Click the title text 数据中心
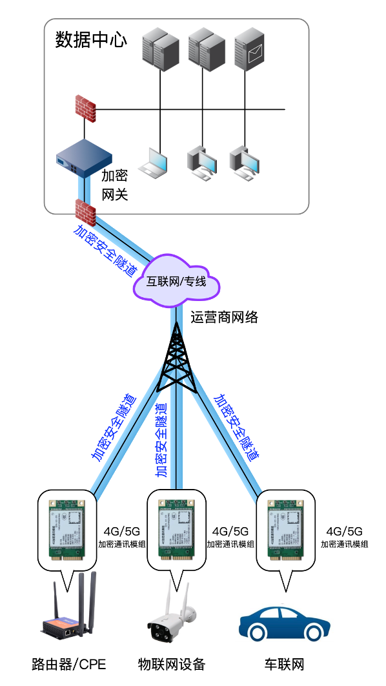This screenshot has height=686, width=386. pyautogui.click(x=90, y=40)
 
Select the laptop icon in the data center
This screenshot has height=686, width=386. pyautogui.click(x=156, y=162)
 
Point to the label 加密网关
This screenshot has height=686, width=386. pyautogui.click(x=115, y=185)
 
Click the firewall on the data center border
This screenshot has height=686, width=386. pyautogui.click(x=85, y=211)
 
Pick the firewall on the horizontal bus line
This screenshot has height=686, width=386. pyautogui.click(x=85, y=109)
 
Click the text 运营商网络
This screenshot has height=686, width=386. pyautogui.click(x=224, y=317)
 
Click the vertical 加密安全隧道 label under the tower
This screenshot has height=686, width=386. pyautogui.click(x=161, y=439)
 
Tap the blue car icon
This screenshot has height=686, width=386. pyautogui.click(x=284, y=623)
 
